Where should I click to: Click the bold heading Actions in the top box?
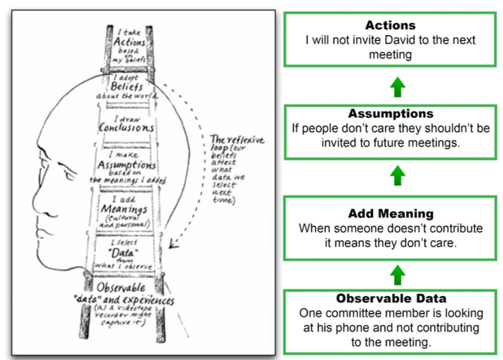tap(390, 26)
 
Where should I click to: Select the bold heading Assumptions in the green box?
tap(390, 114)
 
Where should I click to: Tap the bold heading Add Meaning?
tap(390, 214)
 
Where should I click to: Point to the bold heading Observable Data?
tap(390, 299)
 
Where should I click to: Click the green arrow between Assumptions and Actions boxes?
tap(396, 87)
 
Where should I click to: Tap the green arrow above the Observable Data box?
tap(396, 273)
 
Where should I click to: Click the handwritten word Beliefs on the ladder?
tap(127, 87)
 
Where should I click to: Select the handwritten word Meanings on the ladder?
tap(124, 209)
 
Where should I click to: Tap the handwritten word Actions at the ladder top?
tap(129, 43)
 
